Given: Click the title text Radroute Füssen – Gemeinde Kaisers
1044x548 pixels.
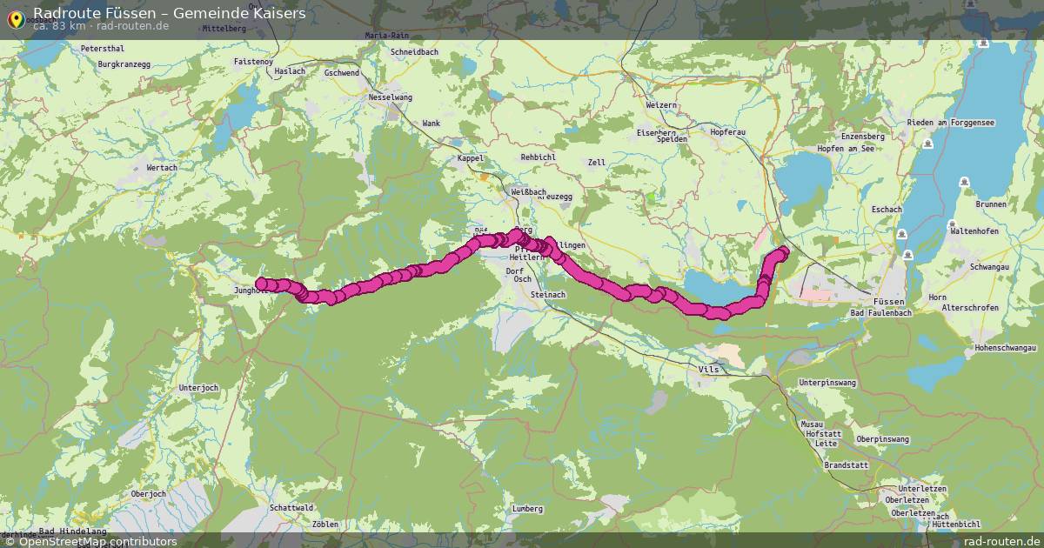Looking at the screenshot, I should [169, 13].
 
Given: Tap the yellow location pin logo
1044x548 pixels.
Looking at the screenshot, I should [16, 17].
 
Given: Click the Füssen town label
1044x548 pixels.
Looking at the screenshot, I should [891, 300].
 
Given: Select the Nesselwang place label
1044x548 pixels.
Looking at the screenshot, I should [391, 98].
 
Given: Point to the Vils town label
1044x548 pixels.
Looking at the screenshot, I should [709, 370].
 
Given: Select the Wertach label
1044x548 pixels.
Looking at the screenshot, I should [162, 168].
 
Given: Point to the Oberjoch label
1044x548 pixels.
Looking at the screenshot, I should [148, 494].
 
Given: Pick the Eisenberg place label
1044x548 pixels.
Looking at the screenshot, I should [656, 132].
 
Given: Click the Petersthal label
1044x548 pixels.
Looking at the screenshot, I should [102, 49].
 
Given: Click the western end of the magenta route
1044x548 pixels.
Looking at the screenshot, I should [261, 283].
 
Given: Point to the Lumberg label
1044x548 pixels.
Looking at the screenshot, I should [528, 509].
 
